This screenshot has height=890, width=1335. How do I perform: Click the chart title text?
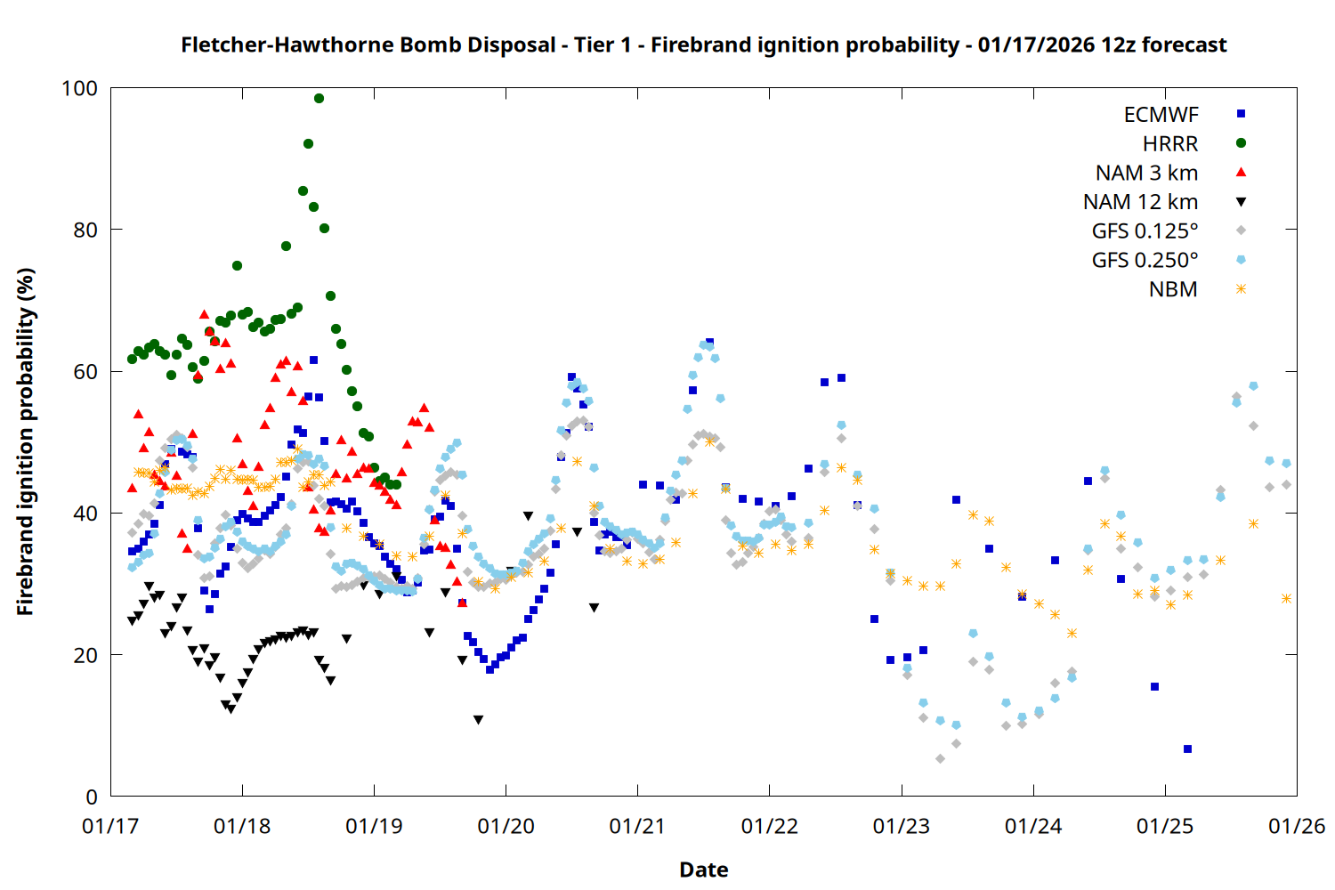(703, 44)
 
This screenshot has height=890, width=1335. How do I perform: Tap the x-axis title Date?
(703, 870)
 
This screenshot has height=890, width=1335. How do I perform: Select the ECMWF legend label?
(1161, 115)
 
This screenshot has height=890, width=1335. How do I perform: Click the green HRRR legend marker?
(1241, 143)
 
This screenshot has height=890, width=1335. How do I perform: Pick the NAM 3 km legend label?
(1146, 173)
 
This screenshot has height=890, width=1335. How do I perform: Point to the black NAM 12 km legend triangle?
(1241, 202)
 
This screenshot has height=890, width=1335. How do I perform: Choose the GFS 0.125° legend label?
(1145, 231)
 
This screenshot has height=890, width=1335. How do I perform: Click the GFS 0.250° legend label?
(1145, 260)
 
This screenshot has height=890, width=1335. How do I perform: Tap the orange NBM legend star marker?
(1241, 289)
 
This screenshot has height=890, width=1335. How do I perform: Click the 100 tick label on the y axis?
(79, 88)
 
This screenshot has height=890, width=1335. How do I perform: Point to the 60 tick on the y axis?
(85, 372)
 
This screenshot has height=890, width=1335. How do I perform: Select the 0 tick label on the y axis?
(92, 797)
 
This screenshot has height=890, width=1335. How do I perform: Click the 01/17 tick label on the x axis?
(110, 827)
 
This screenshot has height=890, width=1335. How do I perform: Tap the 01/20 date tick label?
(506, 827)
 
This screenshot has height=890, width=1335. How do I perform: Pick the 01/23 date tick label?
(902, 827)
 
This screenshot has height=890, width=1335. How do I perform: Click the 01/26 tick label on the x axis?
(1297, 827)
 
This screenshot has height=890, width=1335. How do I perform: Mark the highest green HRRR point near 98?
(319, 99)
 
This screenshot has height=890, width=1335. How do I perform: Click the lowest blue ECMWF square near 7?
(1187, 749)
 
